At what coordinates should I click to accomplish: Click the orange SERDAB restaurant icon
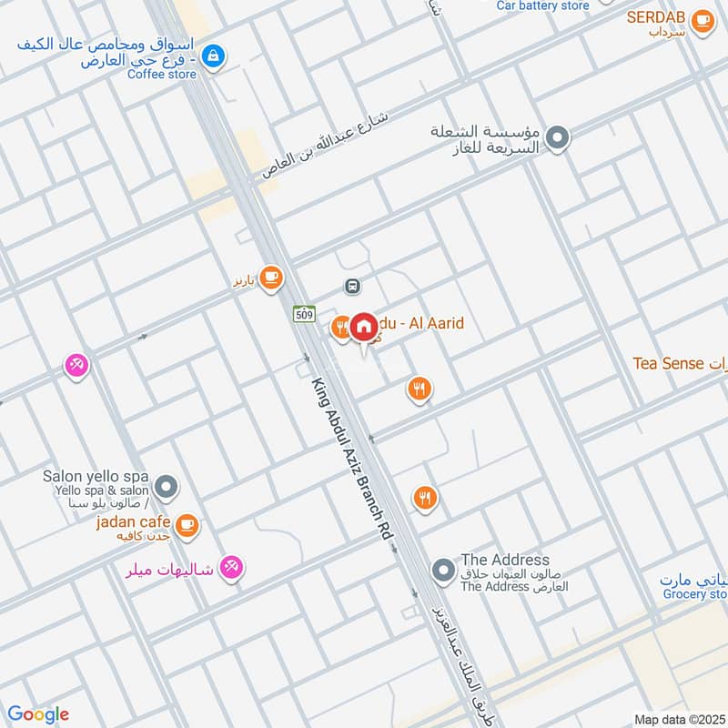[x=703, y=20]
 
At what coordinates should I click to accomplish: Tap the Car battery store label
[x=543, y=5]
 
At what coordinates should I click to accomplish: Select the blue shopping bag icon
[x=213, y=56]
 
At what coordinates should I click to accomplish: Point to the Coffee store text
[x=161, y=74]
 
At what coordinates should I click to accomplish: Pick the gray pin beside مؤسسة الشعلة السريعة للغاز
[x=558, y=138]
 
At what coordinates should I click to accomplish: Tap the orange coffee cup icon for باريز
[x=270, y=278]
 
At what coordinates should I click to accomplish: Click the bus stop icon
[x=352, y=287]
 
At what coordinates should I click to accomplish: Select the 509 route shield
[x=304, y=314]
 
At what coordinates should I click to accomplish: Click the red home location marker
[x=364, y=327]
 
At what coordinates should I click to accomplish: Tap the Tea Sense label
[x=669, y=364]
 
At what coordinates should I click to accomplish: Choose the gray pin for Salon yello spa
[x=166, y=489]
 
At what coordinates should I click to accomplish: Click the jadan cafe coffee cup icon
[x=187, y=523]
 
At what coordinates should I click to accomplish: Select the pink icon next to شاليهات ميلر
[x=232, y=570]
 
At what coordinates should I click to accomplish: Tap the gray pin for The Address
[x=443, y=571]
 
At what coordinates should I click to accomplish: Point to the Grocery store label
[x=695, y=594]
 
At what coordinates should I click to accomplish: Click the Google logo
[x=37, y=714]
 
